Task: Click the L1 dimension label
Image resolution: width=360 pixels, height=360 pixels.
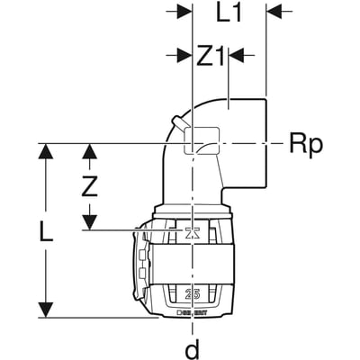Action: click(229, 13)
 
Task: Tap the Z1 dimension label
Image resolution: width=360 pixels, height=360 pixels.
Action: click(210, 55)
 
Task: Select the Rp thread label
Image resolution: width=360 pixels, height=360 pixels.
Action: click(305, 143)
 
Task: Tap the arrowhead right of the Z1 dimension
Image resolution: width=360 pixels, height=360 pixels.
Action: click(236, 55)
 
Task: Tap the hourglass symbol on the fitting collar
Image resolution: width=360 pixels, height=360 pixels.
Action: click(191, 233)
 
